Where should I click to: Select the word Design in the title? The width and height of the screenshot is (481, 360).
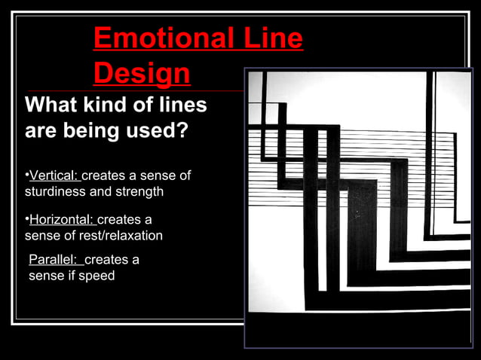(142, 74)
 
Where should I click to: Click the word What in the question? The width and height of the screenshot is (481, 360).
(52, 105)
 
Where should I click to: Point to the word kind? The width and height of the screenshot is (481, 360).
(109, 105)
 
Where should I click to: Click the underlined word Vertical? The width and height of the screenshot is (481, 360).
(54, 175)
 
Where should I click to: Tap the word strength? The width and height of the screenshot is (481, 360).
(138, 191)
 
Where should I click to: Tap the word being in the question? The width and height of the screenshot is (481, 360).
(90, 131)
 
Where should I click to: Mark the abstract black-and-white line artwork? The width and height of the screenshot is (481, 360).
(359, 207)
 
